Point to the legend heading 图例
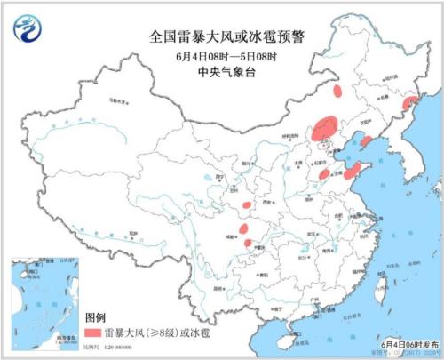pos(96,316)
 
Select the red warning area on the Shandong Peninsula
pos(353,169)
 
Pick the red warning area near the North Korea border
pos(408,104)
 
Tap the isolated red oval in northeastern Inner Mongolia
pos(337,90)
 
